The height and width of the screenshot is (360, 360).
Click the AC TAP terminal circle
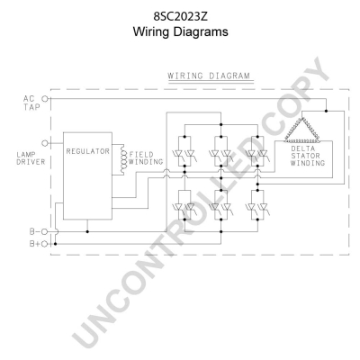(x=45, y=98)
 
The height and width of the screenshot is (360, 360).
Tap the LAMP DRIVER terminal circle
(x=45, y=143)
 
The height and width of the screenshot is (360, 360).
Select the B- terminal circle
(x=45, y=231)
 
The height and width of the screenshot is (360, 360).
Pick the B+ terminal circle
(x=45, y=244)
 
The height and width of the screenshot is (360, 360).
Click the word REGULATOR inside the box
(x=87, y=151)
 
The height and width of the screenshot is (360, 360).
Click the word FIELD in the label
(x=141, y=155)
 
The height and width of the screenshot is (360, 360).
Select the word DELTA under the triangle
(x=303, y=148)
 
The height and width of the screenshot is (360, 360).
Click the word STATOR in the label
(x=305, y=156)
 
